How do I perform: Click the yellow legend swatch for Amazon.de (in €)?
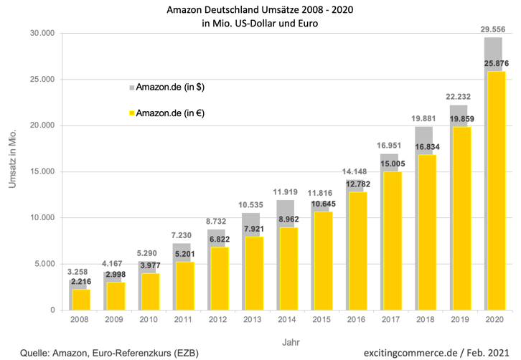coord(131,113)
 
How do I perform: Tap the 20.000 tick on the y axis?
coord(44,125)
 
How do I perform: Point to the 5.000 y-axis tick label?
coord(46,264)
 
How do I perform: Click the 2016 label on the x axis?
coord(355,319)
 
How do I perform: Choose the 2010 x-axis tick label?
coord(148,319)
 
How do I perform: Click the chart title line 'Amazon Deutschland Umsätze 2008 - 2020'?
coord(259,10)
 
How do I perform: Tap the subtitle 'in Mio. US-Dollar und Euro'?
coord(259,23)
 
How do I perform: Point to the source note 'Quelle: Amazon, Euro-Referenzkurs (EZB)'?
coord(109,352)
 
